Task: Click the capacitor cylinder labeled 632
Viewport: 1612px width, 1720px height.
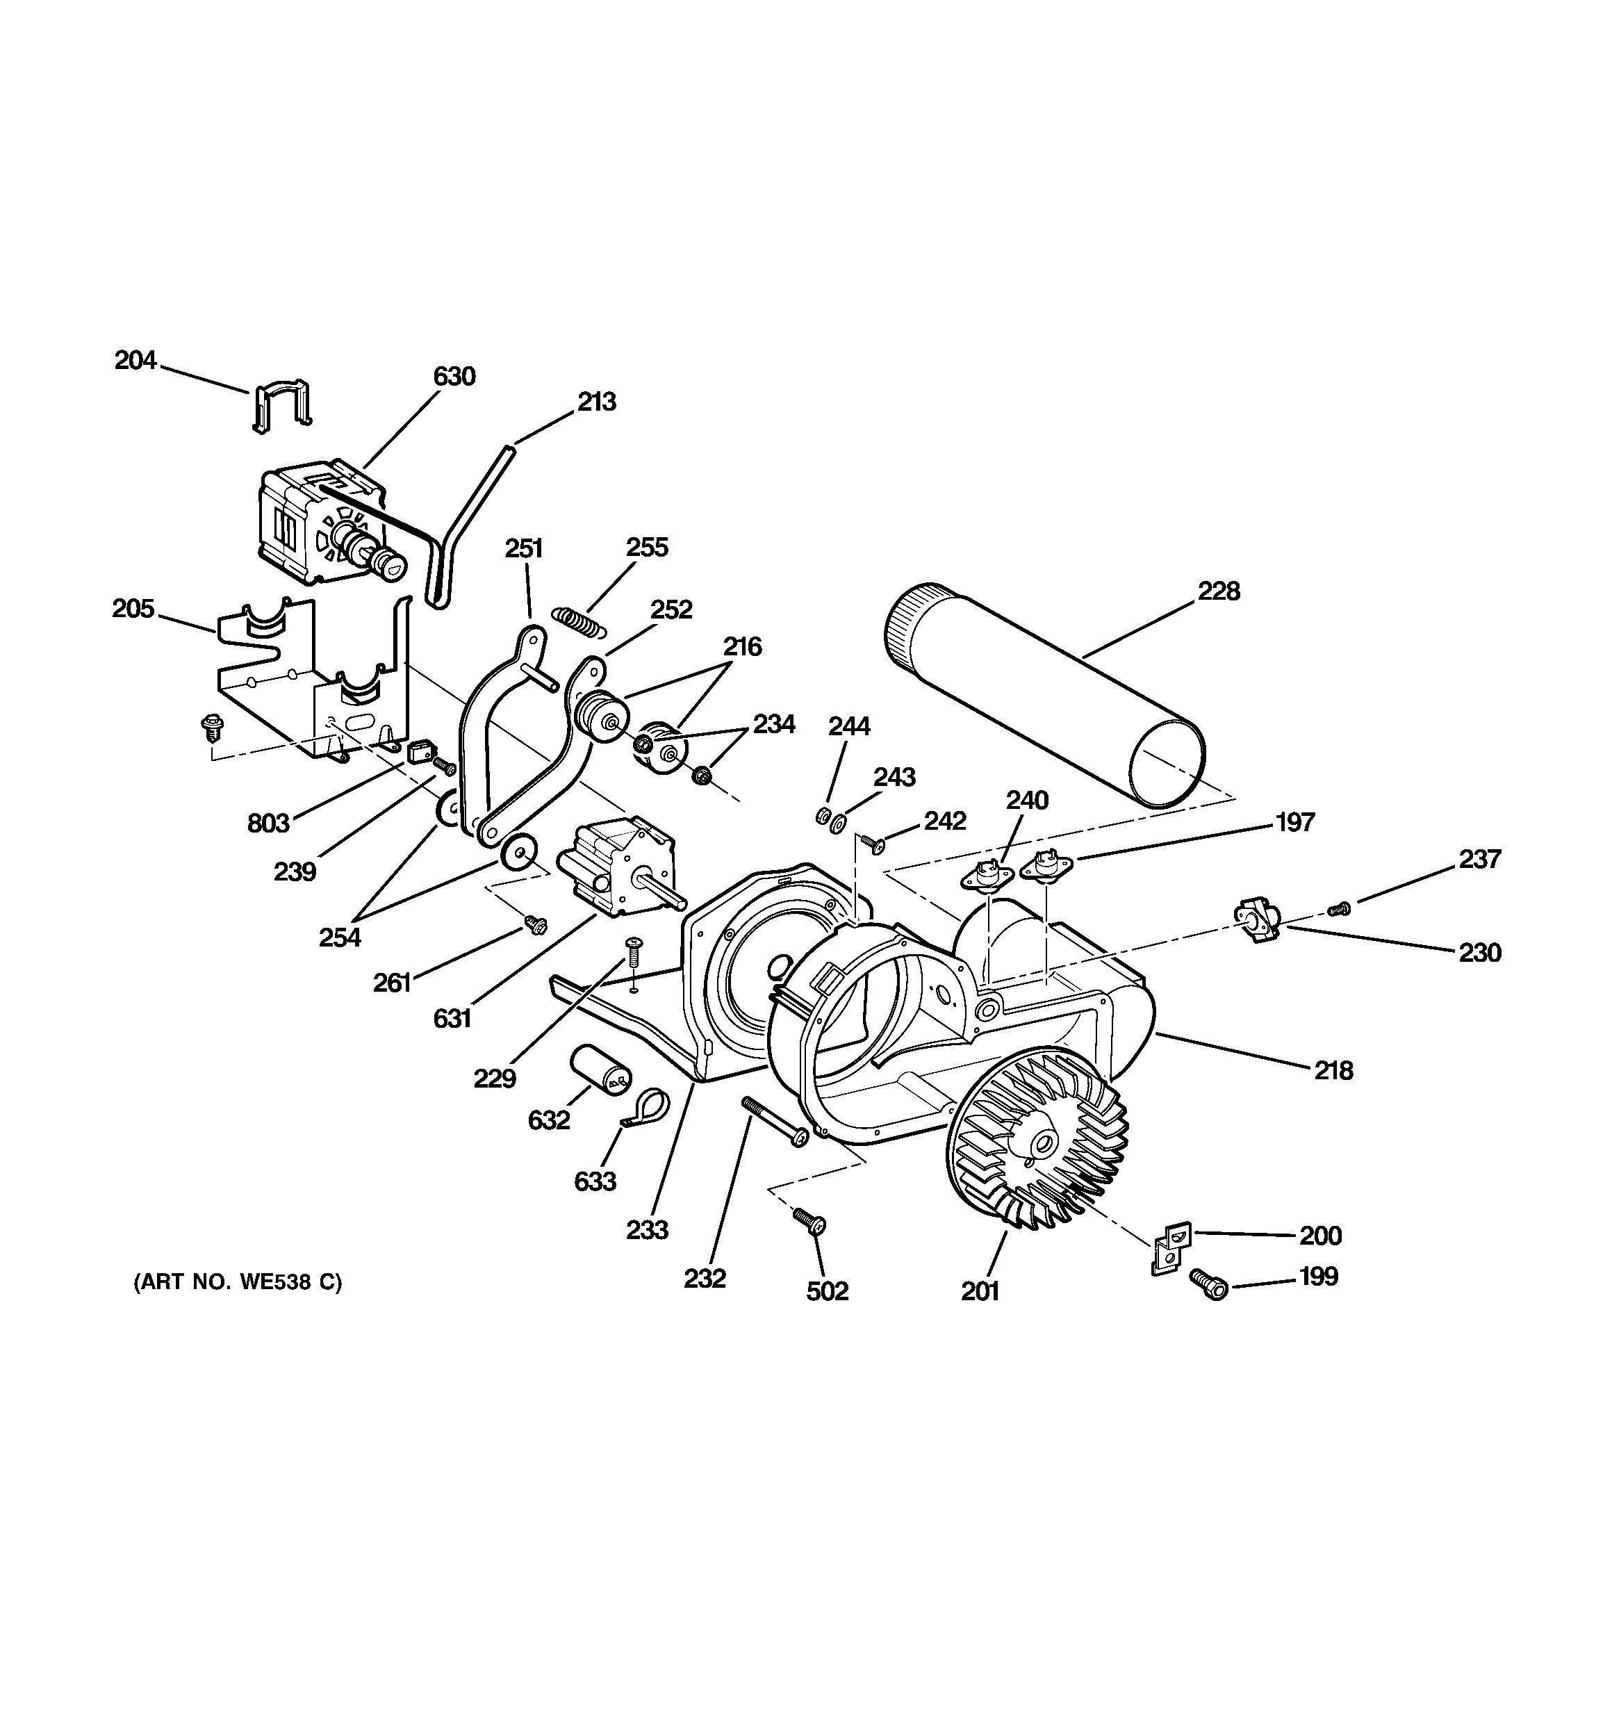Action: (600, 1070)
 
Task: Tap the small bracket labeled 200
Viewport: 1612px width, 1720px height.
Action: (1171, 1247)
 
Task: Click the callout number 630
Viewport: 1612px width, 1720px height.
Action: (454, 377)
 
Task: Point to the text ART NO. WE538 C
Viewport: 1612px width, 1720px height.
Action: (237, 1282)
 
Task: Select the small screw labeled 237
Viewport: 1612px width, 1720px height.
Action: (1338, 908)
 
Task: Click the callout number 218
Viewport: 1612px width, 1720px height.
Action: (1333, 1070)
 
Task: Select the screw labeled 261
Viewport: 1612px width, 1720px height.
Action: (534, 925)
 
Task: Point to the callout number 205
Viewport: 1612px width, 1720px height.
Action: (133, 608)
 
